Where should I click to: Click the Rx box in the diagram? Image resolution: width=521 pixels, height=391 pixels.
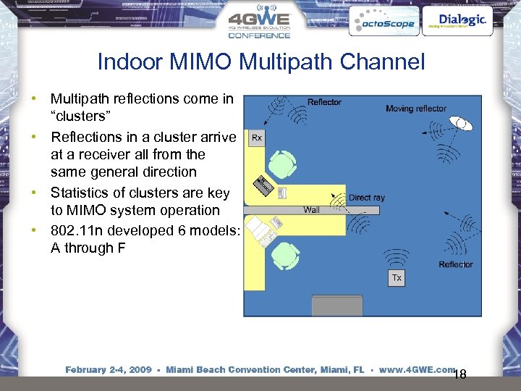(257, 138)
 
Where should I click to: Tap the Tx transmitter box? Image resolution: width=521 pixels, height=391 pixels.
(397, 278)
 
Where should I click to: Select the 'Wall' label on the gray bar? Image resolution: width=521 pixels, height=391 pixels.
(311, 210)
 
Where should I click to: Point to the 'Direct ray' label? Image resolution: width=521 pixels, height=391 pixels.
(367, 198)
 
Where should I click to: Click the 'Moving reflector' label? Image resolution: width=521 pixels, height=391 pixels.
(416, 109)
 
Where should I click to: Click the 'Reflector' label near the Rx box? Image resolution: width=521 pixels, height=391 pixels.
(324, 102)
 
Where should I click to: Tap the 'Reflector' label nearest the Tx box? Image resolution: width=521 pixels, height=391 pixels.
(456, 264)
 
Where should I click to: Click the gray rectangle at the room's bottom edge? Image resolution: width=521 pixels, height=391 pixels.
(336, 306)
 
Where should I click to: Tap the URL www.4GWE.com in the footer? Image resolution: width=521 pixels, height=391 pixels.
(415, 369)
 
